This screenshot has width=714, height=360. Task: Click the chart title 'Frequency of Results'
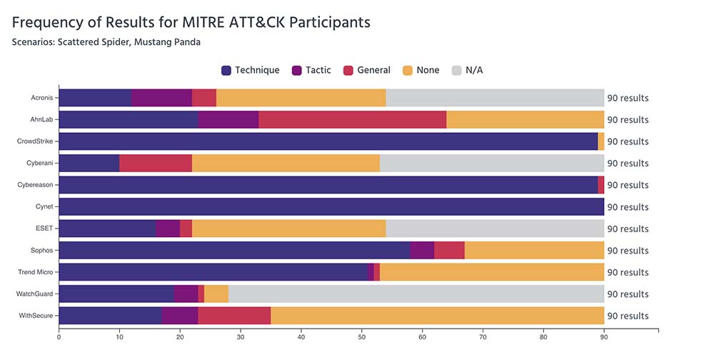[x=191, y=22]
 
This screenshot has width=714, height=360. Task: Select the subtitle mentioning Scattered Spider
[x=106, y=42]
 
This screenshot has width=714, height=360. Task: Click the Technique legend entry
[x=250, y=70]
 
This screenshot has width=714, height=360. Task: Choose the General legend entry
[x=367, y=70]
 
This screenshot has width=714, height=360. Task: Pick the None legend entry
[x=421, y=70]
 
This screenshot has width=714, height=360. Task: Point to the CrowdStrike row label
[x=35, y=141]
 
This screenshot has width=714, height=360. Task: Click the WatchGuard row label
[x=35, y=294]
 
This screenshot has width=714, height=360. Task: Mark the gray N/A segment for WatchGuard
[x=416, y=294]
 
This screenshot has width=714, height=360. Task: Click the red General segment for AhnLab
[x=352, y=120]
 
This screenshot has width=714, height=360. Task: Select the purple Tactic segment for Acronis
[x=161, y=98]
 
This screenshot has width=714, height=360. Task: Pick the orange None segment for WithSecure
[x=437, y=316]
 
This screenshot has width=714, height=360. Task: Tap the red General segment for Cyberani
[x=156, y=164]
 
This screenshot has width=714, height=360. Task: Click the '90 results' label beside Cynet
[x=628, y=207]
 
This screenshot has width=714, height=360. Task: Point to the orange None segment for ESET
[x=288, y=229]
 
